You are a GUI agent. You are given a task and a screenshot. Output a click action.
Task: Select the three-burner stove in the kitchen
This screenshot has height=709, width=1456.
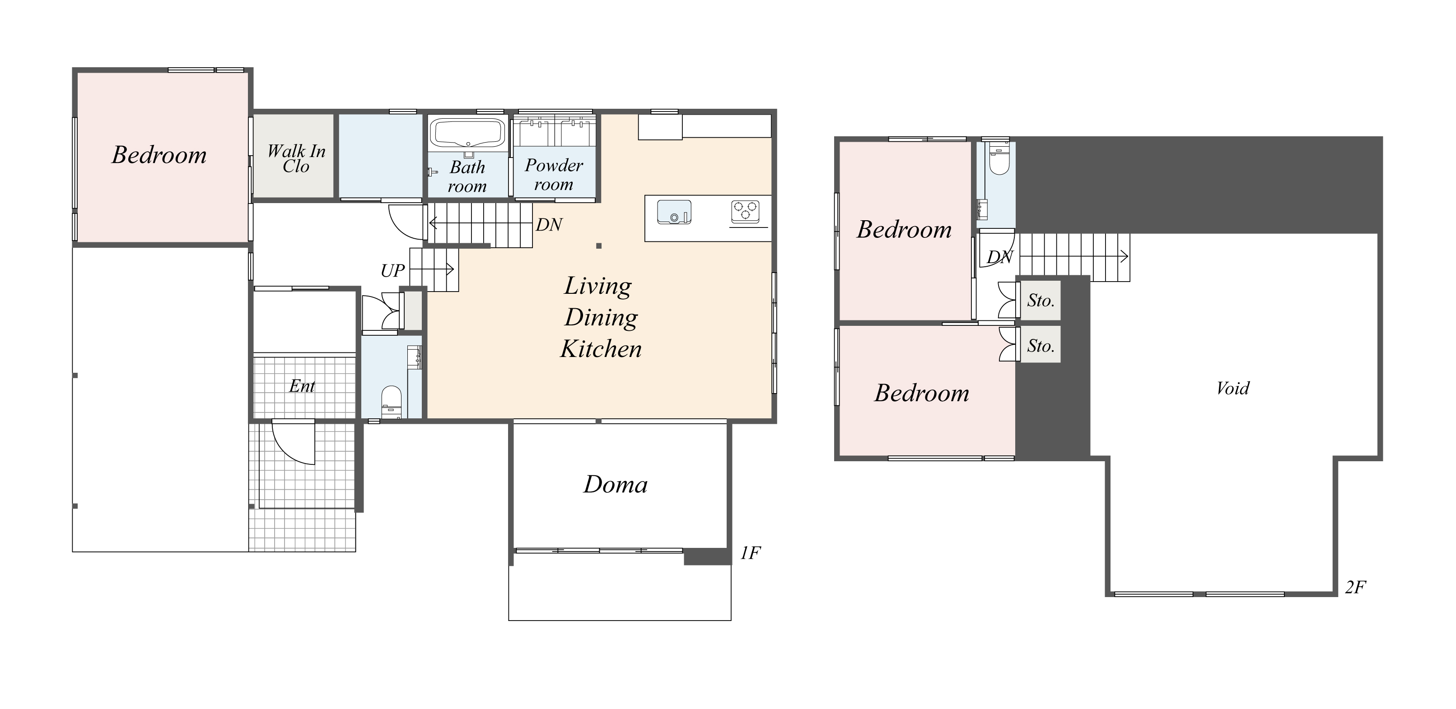pyautogui.click(x=746, y=211)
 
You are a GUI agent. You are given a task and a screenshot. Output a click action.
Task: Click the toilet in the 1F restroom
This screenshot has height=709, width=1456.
pyautogui.click(x=391, y=400)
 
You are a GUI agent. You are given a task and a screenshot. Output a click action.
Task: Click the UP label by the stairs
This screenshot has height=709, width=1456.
pyautogui.click(x=392, y=271)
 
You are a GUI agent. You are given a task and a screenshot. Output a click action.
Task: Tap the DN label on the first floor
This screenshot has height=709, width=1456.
pyautogui.click(x=549, y=225)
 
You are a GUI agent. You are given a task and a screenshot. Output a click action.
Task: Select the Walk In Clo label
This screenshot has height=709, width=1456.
pyautogui.click(x=296, y=159)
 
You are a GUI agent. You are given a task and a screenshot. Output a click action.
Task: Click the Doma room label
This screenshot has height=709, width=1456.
pyautogui.click(x=616, y=485)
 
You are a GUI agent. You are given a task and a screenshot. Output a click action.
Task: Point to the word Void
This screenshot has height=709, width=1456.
pyautogui.click(x=1233, y=388)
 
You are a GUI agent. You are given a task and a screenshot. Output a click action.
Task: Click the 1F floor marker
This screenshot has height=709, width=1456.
pyautogui.click(x=750, y=553)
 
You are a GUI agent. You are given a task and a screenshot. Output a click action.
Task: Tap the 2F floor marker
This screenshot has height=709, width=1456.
pyautogui.click(x=1355, y=588)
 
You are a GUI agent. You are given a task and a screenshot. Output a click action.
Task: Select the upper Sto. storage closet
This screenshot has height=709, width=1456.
pyautogui.click(x=1041, y=301)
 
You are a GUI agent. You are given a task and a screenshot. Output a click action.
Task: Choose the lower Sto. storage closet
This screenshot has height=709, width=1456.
pyautogui.click(x=1041, y=346)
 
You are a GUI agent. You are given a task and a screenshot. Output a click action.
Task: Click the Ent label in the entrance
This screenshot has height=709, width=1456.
pyautogui.click(x=302, y=386)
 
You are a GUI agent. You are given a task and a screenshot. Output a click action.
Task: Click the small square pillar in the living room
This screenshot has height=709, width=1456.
pyautogui.click(x=598, y=246)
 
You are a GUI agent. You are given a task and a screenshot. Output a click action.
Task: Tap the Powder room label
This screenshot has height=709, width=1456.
pyautogui.click(x=553, y=175)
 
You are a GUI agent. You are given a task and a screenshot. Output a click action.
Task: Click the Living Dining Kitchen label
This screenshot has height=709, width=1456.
pyautogui.click(x=601, y=318)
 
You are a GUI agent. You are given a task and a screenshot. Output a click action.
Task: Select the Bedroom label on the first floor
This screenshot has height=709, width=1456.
pyautogui.click(x=159, y=155)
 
